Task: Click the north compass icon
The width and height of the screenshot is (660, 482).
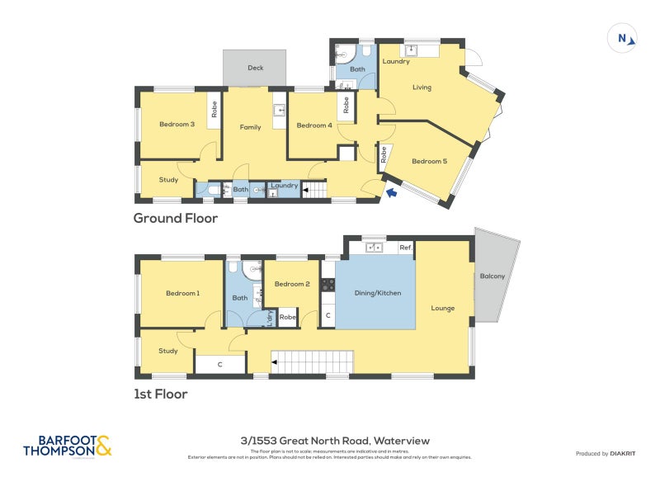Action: pos(625,38)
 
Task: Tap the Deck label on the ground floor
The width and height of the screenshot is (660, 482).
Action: pos(256,68)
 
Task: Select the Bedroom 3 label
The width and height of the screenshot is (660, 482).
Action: pos(177,125)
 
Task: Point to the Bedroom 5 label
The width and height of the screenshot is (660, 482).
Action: pos(429,161)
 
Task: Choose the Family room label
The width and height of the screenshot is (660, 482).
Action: pos(251,127)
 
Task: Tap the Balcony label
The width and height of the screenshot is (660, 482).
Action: pos(492,276)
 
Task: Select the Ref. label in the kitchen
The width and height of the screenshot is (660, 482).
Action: pos(406,247)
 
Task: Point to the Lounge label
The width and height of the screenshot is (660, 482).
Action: pos(442,309)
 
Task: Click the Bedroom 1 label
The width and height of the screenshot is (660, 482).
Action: pos(182,293)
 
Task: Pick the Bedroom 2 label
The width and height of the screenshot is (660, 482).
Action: pos(291,284)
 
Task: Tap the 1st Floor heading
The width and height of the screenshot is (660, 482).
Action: pos(161,395)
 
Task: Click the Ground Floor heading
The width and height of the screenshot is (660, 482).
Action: pos(176,219)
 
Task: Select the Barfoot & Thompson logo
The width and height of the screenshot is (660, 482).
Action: pos(67,447)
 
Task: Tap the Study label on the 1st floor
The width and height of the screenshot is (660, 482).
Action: pos(168,351)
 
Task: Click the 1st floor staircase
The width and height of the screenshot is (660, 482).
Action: pos(313,361)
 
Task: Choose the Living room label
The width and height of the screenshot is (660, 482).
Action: pos(422,87)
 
